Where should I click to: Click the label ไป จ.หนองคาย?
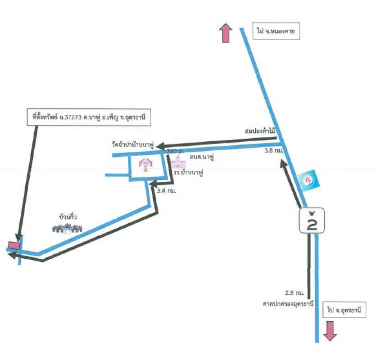click(x=276, y=32)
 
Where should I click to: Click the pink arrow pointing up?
click(x=225, y=34)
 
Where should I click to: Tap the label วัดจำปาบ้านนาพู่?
click(x=133, y=145)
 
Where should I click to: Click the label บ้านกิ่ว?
click(x=68, y=217)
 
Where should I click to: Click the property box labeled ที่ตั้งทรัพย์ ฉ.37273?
click(x=88, y=118)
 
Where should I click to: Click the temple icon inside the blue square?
click(x=146, y=165)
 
